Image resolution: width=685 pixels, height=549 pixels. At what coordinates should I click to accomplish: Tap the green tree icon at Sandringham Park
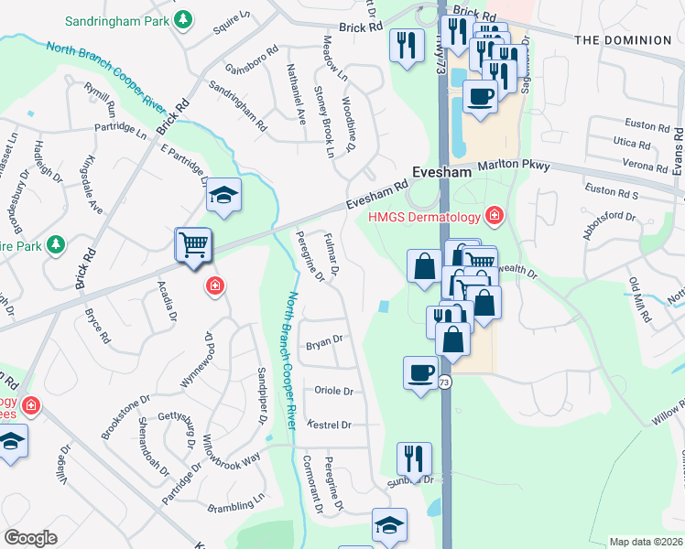tap(184, 18)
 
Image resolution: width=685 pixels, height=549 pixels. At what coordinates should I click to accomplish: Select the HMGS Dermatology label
tap(424, 216)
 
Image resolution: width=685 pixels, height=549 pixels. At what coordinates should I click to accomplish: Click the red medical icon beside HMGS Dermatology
tap(495, 215)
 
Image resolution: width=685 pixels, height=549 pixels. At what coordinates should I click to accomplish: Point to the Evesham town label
tap(440, 172)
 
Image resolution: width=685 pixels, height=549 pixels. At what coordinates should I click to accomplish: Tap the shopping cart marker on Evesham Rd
tap(193, 245)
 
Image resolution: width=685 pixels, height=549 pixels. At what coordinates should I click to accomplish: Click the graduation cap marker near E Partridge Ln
tap(223, 195)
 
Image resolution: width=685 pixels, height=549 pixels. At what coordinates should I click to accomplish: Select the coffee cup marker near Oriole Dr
tap(420, 373)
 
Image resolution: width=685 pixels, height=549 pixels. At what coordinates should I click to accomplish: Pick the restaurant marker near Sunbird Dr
tap(414, 458)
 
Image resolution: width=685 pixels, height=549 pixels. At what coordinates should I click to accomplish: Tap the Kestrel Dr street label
tap(333, 425)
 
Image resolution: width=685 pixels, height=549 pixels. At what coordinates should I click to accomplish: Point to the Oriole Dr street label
tap(333, 391)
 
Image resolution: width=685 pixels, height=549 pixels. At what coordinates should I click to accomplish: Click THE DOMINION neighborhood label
tap(623, 40)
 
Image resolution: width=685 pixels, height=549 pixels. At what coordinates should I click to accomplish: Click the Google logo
tap(31, 538)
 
